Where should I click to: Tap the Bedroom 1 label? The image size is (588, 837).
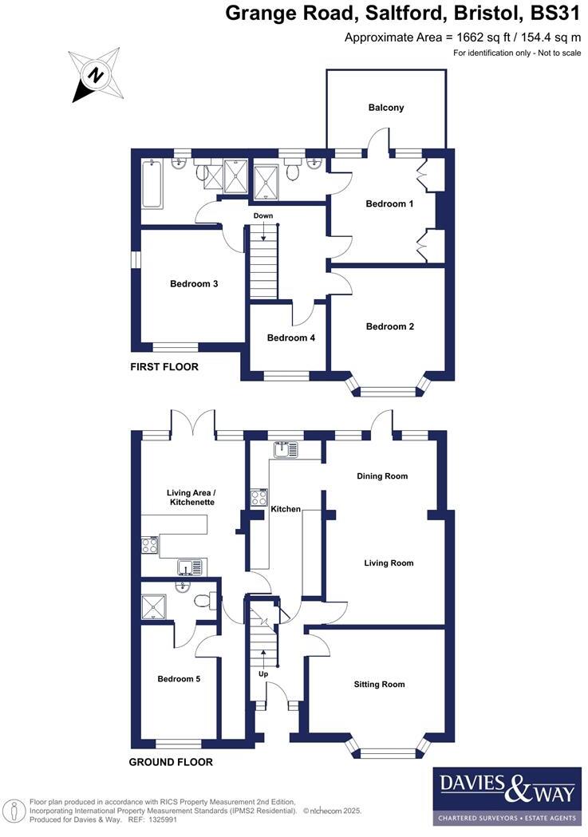pyautogui.click(x=389, y=204)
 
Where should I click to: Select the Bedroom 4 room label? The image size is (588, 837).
pyautogui.click(x=290, y=338)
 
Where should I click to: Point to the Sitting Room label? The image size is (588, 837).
pyautogui.click(x=379, y=685)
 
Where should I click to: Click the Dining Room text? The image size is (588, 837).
pyautogui.click(x=381, y=476)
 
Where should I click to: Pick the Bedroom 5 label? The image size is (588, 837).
pyautogui.click(x=179, y=680)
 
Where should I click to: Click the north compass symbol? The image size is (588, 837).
pyautogui.click(x=95, y=75)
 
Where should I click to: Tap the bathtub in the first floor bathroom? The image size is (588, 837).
pyautogui.click(x=152, y=183)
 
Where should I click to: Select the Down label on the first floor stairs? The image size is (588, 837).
pyautogui.click(x=263, y=216)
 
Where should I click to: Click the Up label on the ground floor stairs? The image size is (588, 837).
pyautogui.click(x=263, y=674)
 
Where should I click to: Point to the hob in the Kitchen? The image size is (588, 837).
pyautogui.click(x=258, y=498)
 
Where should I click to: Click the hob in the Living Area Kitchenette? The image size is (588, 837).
pyautogui.click(x=149, y=546)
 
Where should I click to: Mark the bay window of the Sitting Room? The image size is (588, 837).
pyautogui.click(x=386, y=750)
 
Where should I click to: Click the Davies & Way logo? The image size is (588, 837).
pyautogui.click(x=507, y=796)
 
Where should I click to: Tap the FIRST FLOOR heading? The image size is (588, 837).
pyautogui.click(x=164, y=368)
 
